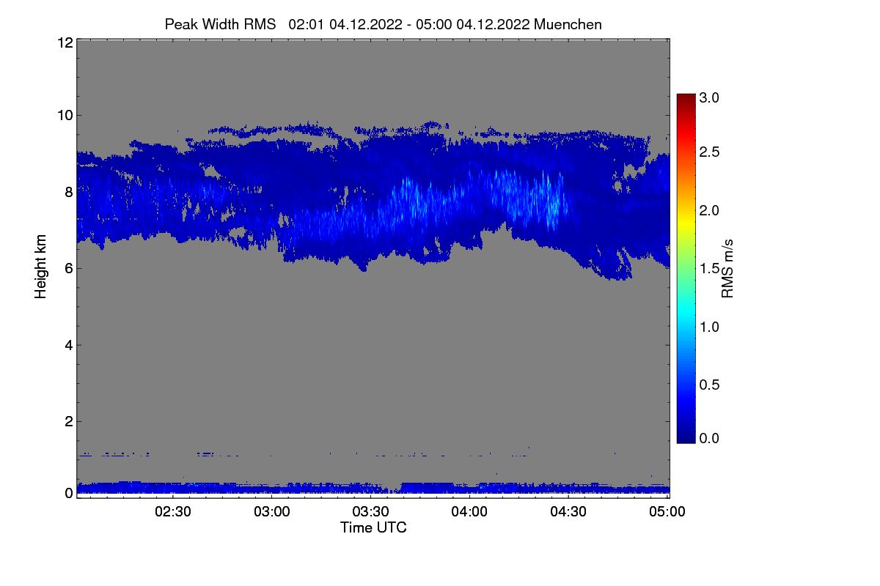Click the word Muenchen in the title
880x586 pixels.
click(568, 24)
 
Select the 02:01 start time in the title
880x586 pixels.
click(306, 24)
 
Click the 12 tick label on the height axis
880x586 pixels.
click(65, 42)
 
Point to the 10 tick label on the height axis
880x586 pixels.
click(65, 116)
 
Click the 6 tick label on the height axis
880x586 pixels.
click(69, 269)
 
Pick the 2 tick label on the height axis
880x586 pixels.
click(69, 421)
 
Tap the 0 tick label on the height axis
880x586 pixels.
click(69, 493)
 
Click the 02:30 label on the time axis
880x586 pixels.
click(173, 511)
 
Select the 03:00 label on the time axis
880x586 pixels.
click(272, 511)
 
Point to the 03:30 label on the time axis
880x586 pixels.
click(370, 511)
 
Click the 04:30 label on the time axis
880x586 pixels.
click(568, 511)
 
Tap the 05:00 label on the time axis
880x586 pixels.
click(667, 511)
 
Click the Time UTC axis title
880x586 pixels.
click(373, 527)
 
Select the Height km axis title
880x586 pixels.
click(40, 267)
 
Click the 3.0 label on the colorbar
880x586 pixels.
click(709, 97)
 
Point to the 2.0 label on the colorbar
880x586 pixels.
click(709, 210)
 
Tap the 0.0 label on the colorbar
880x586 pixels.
click(709, 438)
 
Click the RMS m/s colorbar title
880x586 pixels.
click(727, 269)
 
